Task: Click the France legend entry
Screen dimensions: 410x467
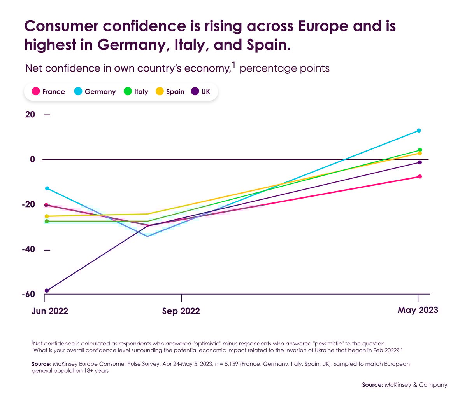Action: pos(49,92)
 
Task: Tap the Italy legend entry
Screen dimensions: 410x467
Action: pos(136,92)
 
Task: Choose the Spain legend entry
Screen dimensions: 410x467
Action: pos(170,92)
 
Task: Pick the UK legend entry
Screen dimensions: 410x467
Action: pos(201,92)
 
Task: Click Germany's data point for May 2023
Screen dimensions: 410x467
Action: pos(419,131)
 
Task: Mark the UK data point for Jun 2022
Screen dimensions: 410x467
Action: pos(47,291)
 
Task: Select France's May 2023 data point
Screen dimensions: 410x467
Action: pos(420,177)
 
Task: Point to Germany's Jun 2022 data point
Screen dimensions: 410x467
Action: pos(47,188)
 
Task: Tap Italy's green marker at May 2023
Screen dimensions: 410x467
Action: pos(420,150)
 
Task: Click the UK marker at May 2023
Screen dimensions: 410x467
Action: pos(420,162)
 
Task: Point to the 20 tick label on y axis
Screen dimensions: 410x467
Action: pos(30,115)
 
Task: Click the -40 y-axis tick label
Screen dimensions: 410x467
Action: pos(28,249)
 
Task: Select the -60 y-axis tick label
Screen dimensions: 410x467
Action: pos(28,294)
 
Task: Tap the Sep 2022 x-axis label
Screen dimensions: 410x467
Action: pos(181,311)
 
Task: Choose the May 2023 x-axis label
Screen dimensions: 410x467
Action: pos(418,310)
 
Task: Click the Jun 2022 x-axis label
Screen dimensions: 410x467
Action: pos(50,311)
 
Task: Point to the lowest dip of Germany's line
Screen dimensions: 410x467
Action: pos(147,236)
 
